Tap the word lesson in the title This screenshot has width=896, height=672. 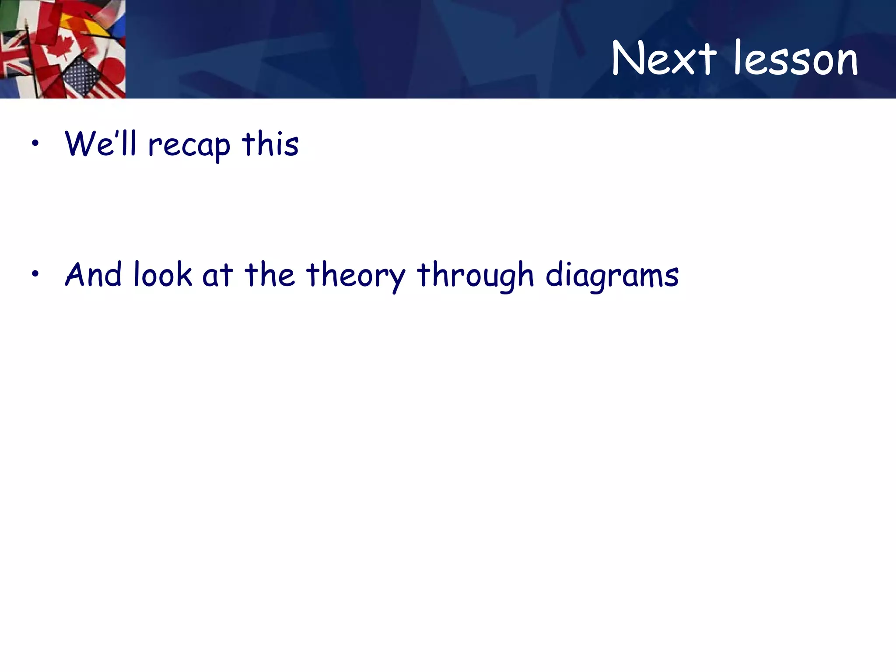click(x=796, y=59)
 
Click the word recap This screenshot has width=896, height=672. click(x=189, y=145)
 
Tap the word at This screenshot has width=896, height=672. click(x=217, y=276)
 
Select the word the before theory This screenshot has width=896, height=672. click(x=269, y=274)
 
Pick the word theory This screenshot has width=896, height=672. click(x=356, y=276)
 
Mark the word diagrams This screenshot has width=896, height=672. click(x=612, y=276)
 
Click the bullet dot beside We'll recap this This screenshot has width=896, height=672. click(x=35, y=143)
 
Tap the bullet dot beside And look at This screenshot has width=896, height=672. click(x=35, y=274)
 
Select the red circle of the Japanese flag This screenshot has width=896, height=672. click(x=113, y=70)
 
